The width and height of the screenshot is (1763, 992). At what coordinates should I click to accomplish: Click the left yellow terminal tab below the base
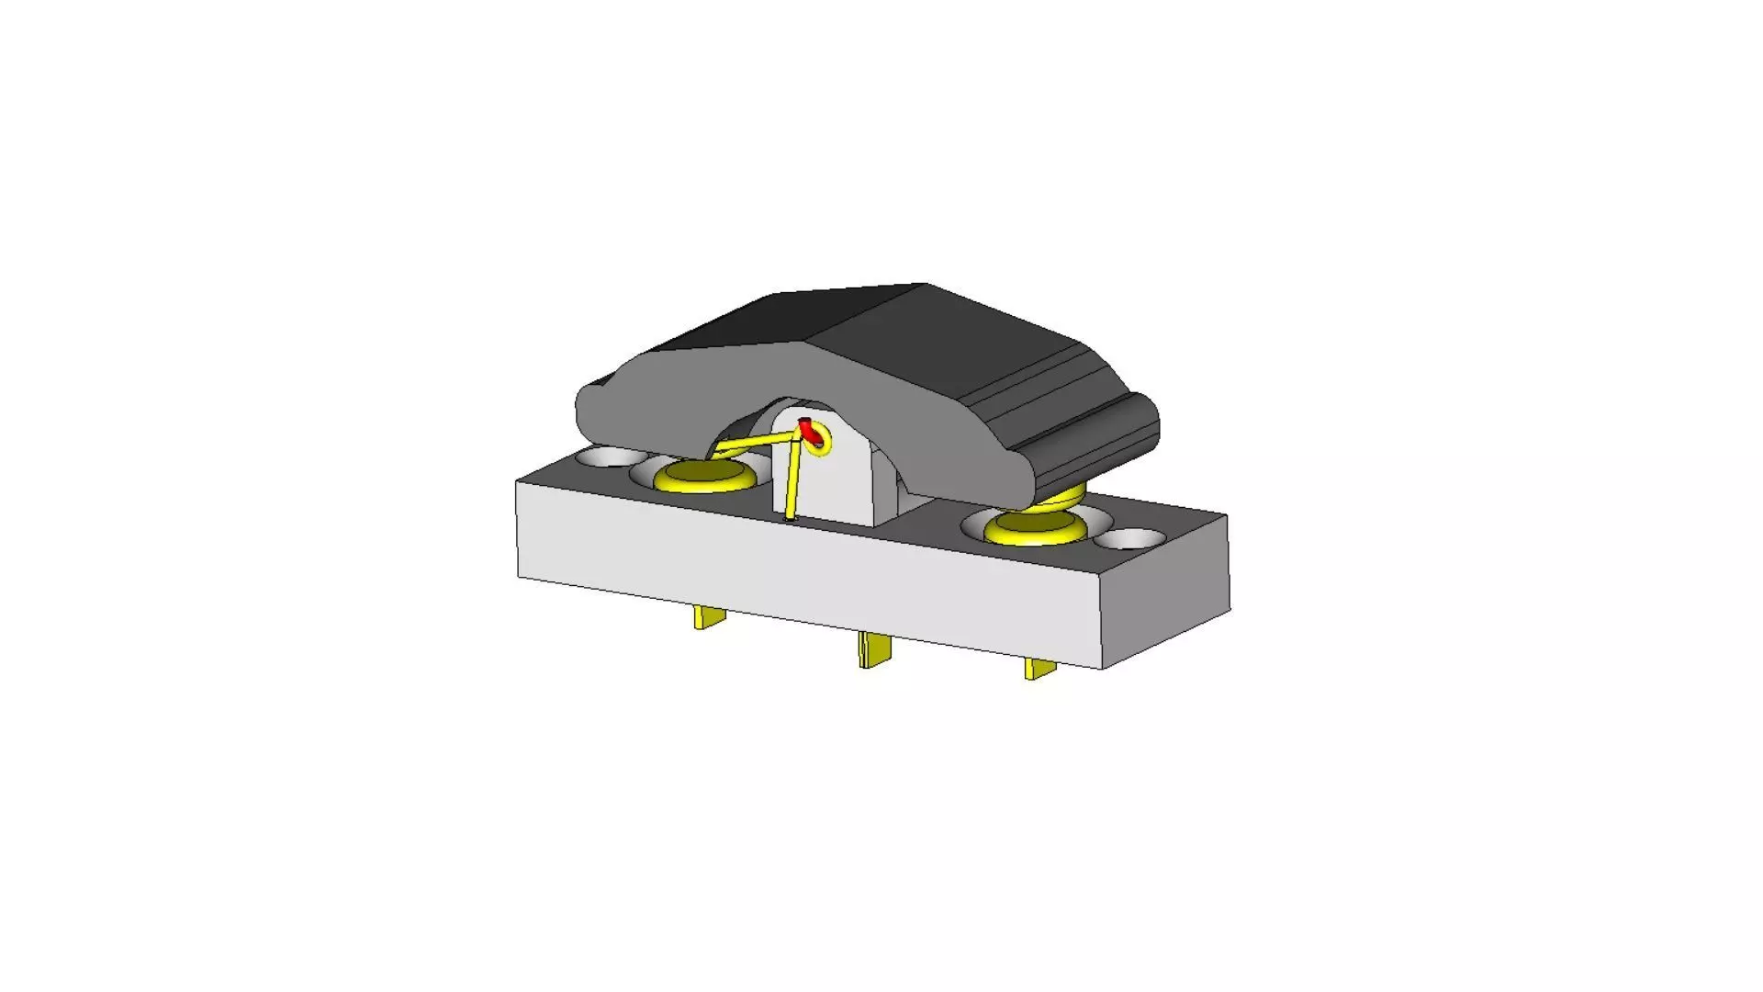tap(709, 617)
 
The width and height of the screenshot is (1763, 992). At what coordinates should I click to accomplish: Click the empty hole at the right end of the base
tap(1129, 539)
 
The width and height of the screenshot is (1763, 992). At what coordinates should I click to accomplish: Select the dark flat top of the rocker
tap(854, 317)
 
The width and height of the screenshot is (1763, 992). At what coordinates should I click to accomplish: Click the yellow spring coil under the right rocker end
tap(1065, 502)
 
